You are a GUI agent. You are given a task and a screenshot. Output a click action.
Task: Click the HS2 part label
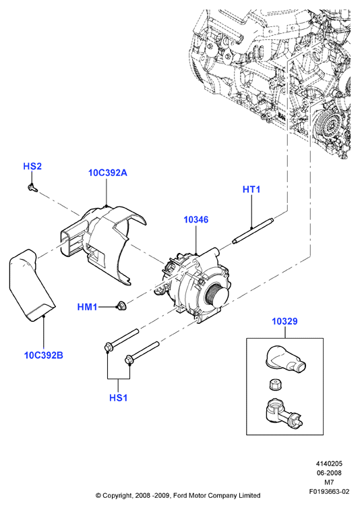[x=32, y=167]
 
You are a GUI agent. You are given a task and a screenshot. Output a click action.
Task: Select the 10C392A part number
[x=108, y=173]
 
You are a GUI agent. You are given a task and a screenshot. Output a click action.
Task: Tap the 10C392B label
[x=44, y=355]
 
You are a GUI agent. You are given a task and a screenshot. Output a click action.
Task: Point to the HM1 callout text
[x=88, y=307]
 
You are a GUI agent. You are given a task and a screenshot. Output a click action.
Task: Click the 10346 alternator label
[x=196, y=220]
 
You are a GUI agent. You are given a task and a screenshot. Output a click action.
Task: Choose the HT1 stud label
[x=251, y=190]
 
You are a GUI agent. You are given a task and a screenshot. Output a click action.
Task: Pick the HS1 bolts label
[x=119, y=398]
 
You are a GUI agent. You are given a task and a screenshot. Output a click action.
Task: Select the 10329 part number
[x=284, y=321]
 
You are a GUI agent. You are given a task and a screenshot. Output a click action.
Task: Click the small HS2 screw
[x=32, y=188]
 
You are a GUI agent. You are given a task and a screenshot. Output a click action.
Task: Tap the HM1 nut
[x=122, y=306]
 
